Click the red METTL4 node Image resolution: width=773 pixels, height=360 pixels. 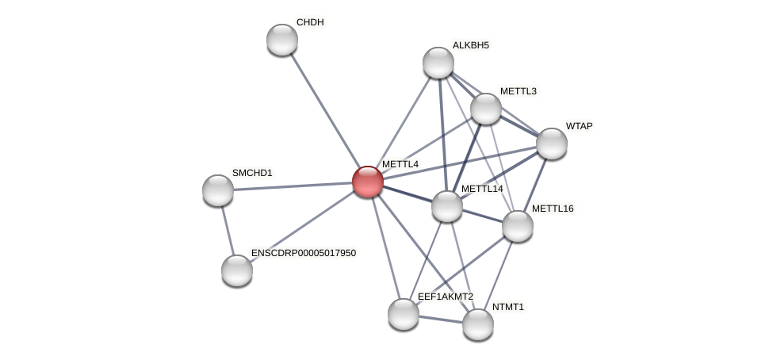pyautogui.click(x=368, y=182)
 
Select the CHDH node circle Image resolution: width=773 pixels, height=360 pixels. pyautogui.click(x=282, y=40)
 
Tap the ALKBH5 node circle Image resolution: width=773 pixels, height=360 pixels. pyautogui.click(x=438, y=63)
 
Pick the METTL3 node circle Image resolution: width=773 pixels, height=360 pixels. pyautogui.click(x=486, y=109)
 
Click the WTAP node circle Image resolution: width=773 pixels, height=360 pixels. pyautogui.click(x=552, y=144)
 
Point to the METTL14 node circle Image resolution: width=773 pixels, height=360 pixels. pyautogui.click(x=447, y=206)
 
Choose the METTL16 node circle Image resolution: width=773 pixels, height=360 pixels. pyautogui.click(x=518, y=226)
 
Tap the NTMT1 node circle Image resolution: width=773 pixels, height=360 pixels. pyautogui.click(x=478, y=324)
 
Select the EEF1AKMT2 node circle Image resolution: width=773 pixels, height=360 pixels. pyautogui.click(x=404, y=314)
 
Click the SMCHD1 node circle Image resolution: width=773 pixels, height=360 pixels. pyautogui.click(x=218, y=190)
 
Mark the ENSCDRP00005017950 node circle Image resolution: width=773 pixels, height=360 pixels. pyautogui.click(x=237, y=270)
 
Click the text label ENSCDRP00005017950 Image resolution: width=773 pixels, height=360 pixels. pyautogui.click(x=304, y=253)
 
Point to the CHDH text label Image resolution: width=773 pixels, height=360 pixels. pyautogui.click(x=310, y=22)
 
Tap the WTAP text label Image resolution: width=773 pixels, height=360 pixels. pyautogui.click(x=579, y=126)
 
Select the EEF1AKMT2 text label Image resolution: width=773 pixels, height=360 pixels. pyautogui.click(x=446, y=297)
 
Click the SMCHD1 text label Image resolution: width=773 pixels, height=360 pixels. pyautogui.click(x=252, y=173)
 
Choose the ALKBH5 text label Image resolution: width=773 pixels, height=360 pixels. pyautogui.click(x=471, y=45)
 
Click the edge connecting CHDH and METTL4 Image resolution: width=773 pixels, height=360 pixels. pyautogui.click(x=325, y=111)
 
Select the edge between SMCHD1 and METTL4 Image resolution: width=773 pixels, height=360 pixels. pyautogui.click(x=293, y=186)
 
